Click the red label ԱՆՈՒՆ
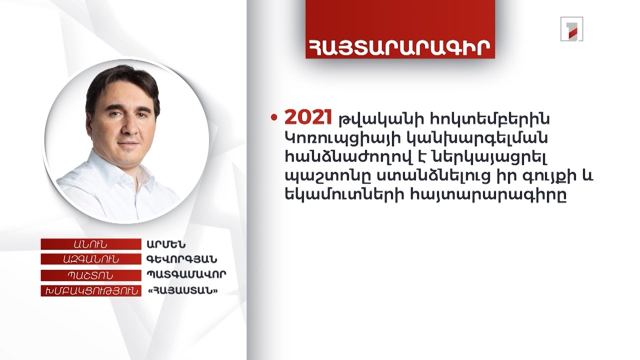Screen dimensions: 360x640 pyautogui.click(x=90, y=244)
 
